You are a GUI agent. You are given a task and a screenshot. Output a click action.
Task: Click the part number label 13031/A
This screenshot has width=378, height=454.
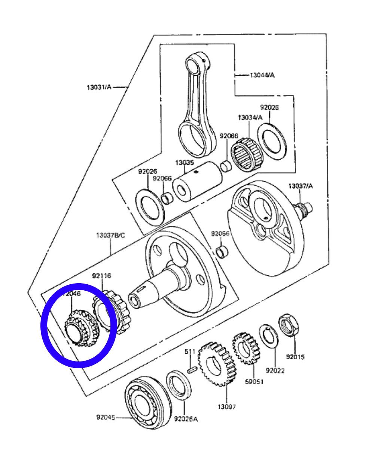[x=99, y=87]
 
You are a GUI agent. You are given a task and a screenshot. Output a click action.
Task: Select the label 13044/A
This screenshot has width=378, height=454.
[x=262, y=75]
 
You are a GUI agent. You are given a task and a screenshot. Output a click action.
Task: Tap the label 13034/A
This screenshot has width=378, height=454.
[x=250, y=118]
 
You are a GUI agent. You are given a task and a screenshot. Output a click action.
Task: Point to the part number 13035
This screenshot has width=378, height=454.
[x=185, y=163]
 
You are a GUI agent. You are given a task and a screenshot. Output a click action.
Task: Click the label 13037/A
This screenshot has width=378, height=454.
[x=301, y=186]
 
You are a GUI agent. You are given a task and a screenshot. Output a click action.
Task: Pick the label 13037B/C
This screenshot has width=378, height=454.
[x=110, y=235]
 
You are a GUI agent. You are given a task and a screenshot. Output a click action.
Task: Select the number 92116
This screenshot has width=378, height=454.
[x=101, y=276]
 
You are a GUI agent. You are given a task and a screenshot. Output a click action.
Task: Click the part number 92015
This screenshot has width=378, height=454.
[x=295, y=357]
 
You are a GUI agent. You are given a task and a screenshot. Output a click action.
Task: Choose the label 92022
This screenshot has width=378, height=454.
[x=275, y=371]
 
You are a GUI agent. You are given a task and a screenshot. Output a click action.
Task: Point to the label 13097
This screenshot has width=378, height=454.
[x=227, y=406]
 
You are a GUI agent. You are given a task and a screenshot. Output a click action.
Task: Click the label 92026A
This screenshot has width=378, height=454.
[x=186, y=419]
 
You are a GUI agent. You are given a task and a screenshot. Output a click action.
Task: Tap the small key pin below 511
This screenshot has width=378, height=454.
[x=192, y=370]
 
